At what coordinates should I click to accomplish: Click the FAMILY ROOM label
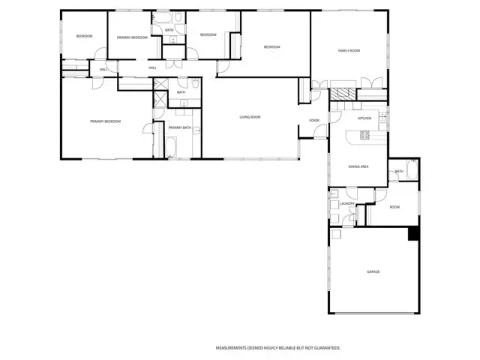pos(349,50)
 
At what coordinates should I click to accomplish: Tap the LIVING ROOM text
pos(250,117)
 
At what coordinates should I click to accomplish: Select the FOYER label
pos(314,120)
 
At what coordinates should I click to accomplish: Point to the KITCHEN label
pos(364,118)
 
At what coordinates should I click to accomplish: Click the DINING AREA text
pos(358,167)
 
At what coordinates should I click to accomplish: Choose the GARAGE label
pos(373,271)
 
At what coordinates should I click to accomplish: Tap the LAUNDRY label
pos(346,203)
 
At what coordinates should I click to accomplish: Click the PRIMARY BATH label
pos(180,127)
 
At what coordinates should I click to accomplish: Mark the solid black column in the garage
pos(412,233)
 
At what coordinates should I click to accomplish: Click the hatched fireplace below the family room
pos(344,94)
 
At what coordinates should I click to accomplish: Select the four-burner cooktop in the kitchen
pos(365,136)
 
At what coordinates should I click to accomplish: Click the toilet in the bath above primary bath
pos(194,85)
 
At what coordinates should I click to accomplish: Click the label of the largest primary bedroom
pos(105,121)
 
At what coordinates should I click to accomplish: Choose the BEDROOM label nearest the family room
pos(271,47)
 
